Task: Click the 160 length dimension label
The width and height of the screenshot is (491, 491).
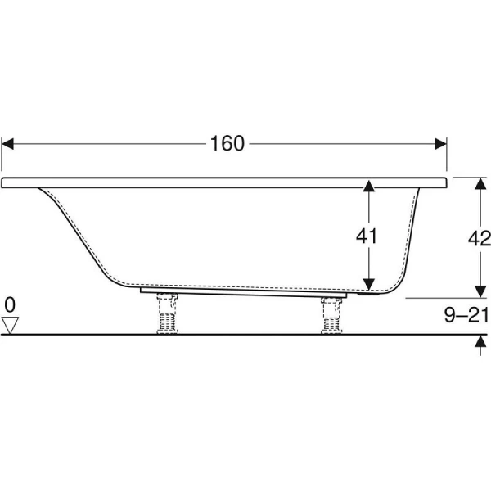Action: [x=227, y=143]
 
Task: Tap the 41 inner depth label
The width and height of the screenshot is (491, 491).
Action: [x=367, y=236]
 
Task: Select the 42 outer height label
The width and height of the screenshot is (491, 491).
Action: [x=479, y=239]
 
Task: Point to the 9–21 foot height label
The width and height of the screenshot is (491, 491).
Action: [x=466, y=315]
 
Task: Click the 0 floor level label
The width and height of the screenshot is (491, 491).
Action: [x=10, y=304]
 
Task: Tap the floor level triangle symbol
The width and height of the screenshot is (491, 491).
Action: [x=10, y=326]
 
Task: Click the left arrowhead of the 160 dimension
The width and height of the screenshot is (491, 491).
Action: [x=7, y=144]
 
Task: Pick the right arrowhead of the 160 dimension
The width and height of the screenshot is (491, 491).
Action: [x=440, y=144]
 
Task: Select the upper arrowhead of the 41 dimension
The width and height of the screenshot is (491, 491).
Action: [x=369, y=186]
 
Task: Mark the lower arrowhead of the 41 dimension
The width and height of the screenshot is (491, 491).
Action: [x=369, y=284]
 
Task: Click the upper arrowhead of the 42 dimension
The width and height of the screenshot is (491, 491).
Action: [x=480, y=183]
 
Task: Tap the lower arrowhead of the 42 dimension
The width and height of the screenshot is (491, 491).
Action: [x=480, y=291]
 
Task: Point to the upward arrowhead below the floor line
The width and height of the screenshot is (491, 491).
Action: [x=480, y=340]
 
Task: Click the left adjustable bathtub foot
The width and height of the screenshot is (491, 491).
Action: [x=167, y=313]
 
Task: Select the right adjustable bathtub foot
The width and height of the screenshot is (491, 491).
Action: [x=331, y=315]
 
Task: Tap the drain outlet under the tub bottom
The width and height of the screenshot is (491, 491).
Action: [x=369, y=294]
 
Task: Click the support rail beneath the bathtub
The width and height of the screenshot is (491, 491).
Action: [x=243, y=293]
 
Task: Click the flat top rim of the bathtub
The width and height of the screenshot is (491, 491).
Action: [x=224, y=182]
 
